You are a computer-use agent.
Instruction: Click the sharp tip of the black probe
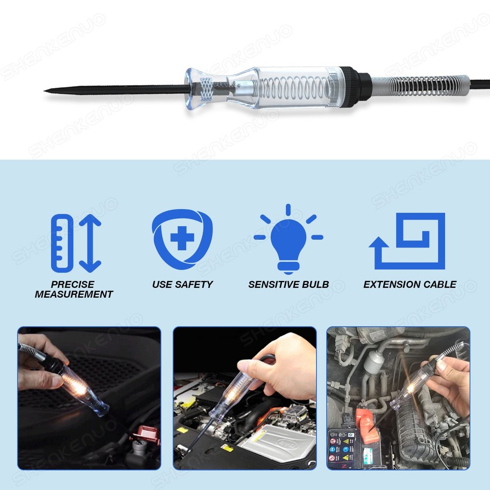(x=46, y=91)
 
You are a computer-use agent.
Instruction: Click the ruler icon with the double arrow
(x=76, y=243)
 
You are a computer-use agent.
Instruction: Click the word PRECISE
(x=73, y=284)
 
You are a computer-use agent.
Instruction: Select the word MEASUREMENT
(x=74, y=294)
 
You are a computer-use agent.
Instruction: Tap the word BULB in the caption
(x=316, y=284)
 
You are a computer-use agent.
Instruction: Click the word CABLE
(x=441, y=284)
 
